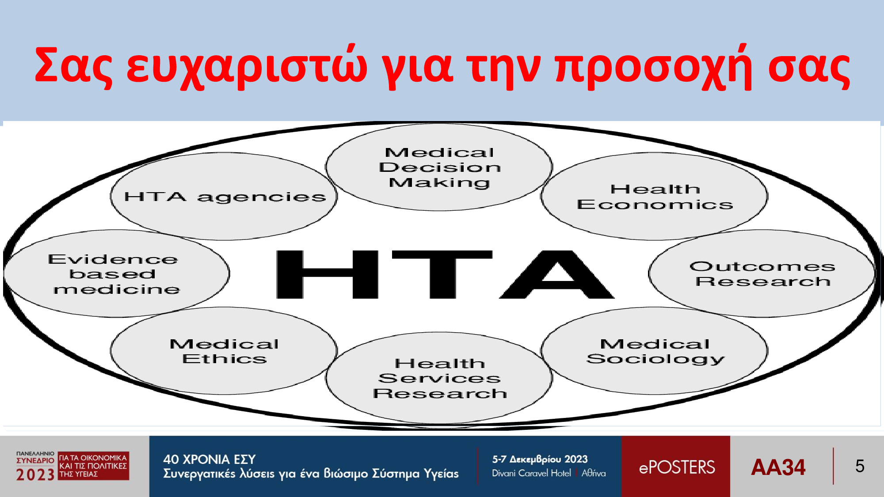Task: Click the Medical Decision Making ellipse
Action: click(x=439, y=167)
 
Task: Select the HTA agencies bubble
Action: click(x=224, y=197)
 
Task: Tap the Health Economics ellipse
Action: click(x=654, y=197)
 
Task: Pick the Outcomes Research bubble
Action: click(x=762, y=273)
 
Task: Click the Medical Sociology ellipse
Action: click(x=654, y=351)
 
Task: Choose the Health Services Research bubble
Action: click(x=439, y=378)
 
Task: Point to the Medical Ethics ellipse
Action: click(x=224, y=351)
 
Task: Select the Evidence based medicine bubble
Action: click(x=116, y=273)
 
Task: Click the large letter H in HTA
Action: click(x=328, y=274)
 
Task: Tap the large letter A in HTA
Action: click(x=557, y=274)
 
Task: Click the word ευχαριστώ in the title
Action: click(x=247, y=66)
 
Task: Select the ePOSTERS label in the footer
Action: click(x=677, y=467)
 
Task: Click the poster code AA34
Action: click(x=778, y=467)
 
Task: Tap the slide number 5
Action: click(x=860, y=467)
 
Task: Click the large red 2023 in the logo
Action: click(x=35, y=475)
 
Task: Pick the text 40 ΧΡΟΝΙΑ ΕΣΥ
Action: click(x=210, y=459)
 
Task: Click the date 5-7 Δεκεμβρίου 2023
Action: click(x=540, y=459)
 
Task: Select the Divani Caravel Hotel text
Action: click(x=532, y=473)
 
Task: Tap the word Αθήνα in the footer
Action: click(x=594, y=473)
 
